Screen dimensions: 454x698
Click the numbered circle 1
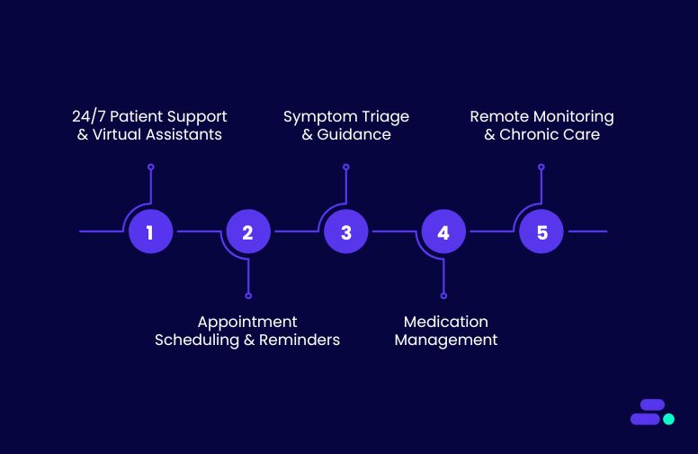(x=150, y=232)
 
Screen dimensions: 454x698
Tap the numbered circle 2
(x=248, y=232)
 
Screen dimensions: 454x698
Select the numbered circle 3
(x=346, y=232)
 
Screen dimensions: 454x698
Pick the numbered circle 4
(x=443, y=232)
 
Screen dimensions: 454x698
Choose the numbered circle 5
(x=541, y=232)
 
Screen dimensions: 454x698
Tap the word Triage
(x=385, y=117)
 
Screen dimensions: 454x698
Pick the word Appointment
(x=247, y=322)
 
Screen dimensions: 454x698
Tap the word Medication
(x=446, y=322)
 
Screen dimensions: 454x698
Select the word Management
(x=446, y=340)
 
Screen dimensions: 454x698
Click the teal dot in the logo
(x=668, y=419)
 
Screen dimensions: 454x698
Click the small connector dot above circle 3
(x=346, y=167)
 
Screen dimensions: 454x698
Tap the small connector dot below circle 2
(x=248, y=295)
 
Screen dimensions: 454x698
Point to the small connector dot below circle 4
(x=443, y=295)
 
